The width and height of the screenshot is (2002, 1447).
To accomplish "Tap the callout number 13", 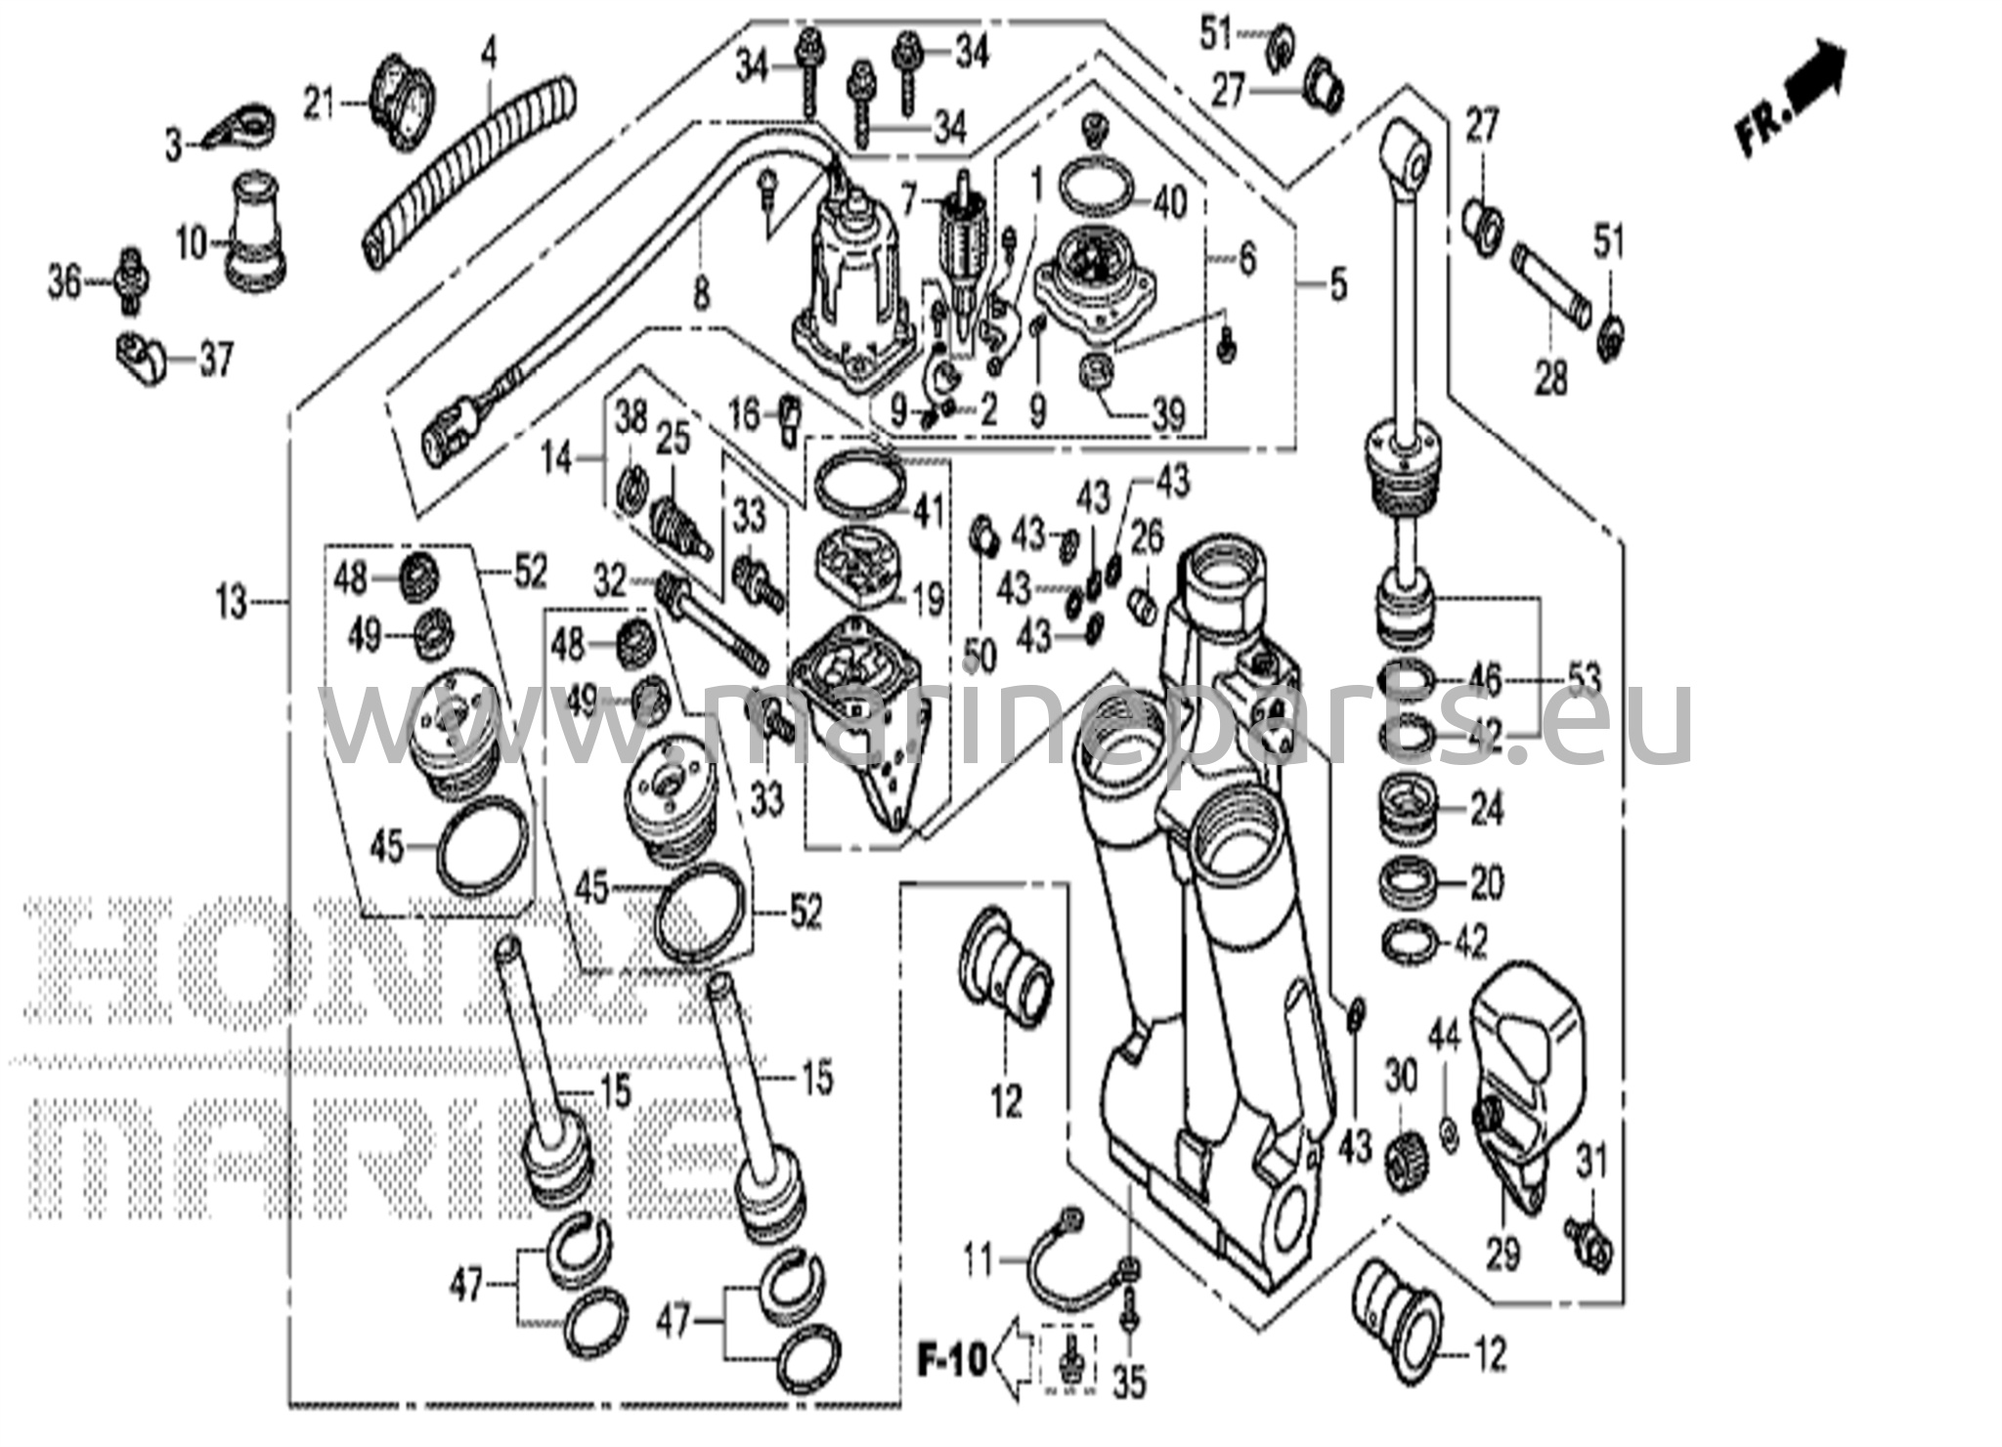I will tap(232, 602).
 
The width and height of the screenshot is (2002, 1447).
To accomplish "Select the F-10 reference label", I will tap(952, 1360).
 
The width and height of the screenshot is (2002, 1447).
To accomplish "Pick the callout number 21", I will tap(320, 104).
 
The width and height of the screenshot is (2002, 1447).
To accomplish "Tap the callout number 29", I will tap(1502, 1253).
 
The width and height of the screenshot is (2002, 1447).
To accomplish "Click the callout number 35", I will tap(1129, 1383).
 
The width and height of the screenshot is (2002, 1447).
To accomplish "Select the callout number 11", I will tap(979, 1260).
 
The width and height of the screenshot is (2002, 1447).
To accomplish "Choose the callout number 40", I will tap(1169, 202).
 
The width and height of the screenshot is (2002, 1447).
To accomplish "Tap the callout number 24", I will tap(1486, 809).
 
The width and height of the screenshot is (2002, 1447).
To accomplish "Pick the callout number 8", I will tap(701, 293).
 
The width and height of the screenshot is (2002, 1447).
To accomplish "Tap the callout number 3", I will tap(174, 147).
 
